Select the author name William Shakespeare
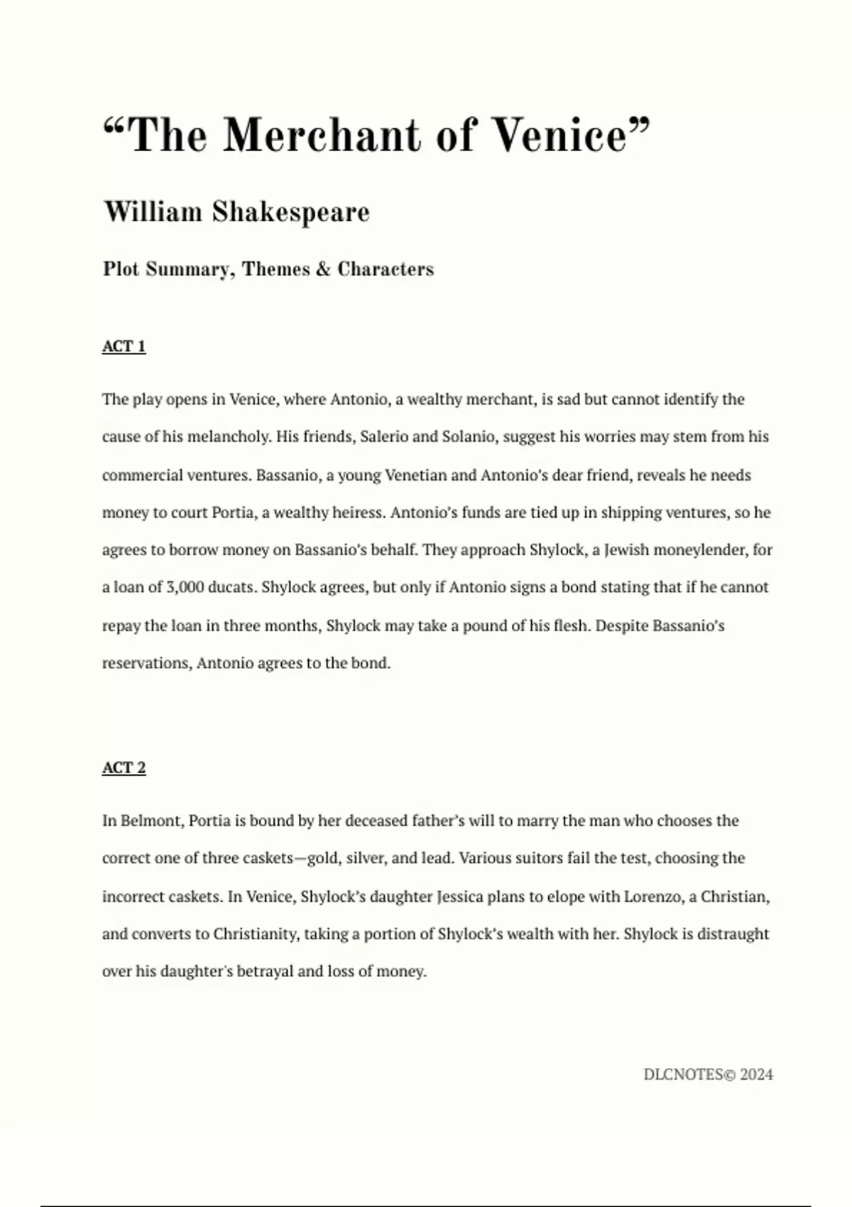click(236, 212)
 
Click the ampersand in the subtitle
click(323, 269)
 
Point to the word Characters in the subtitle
click(386, 269)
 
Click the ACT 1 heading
click(124, 346)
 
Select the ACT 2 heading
click(124, 768)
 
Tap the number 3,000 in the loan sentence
click(185, 587)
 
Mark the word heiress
click(357, 513)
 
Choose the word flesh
click(571, 626)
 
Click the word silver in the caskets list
click(364, 858)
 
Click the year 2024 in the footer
click(756, 1074)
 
